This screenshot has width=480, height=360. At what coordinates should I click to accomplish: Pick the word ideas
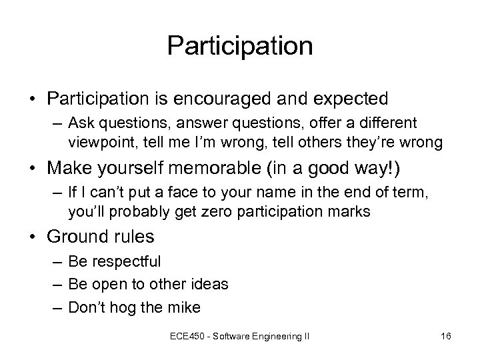pos(209,284)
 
